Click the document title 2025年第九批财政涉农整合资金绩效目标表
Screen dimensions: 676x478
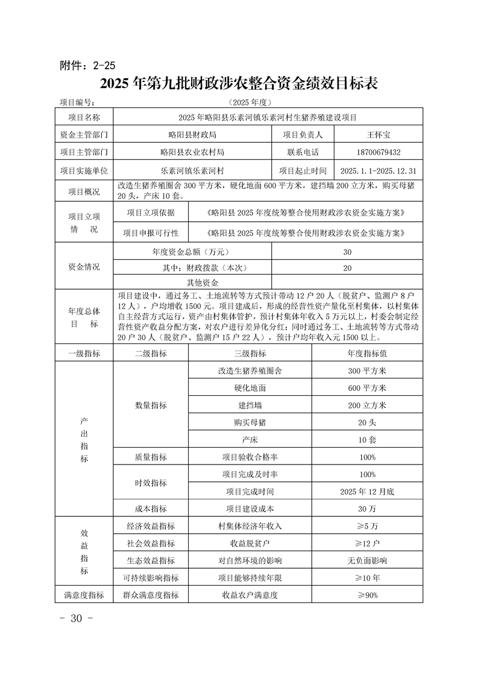pos(239,84)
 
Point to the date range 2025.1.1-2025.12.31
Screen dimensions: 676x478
pos(379,171)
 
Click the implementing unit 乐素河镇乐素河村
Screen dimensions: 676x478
pos(192,171)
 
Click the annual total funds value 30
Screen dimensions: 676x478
pos(347,252)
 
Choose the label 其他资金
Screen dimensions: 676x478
pos(202,282)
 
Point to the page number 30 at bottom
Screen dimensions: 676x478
pos(75,619)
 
